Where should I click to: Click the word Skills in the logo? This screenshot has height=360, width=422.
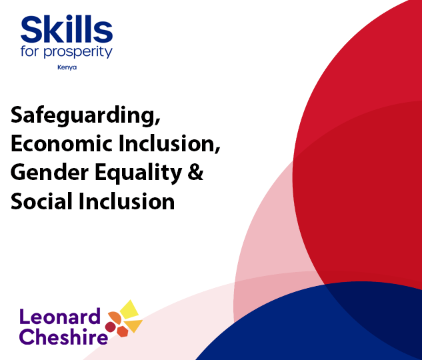pos(66,30)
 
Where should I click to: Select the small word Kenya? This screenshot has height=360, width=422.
pos(67,67)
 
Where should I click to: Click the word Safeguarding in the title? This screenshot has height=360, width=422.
pos(84,115)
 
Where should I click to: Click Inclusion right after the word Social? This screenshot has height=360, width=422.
pos(127,201)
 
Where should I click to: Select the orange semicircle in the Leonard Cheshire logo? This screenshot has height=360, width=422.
pos(115,316)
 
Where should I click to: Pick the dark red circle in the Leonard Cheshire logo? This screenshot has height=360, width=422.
pos(110,327)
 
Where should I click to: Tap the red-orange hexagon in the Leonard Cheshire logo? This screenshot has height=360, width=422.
pos(122,331)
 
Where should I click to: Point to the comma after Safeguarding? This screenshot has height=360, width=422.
pos(158,123)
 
